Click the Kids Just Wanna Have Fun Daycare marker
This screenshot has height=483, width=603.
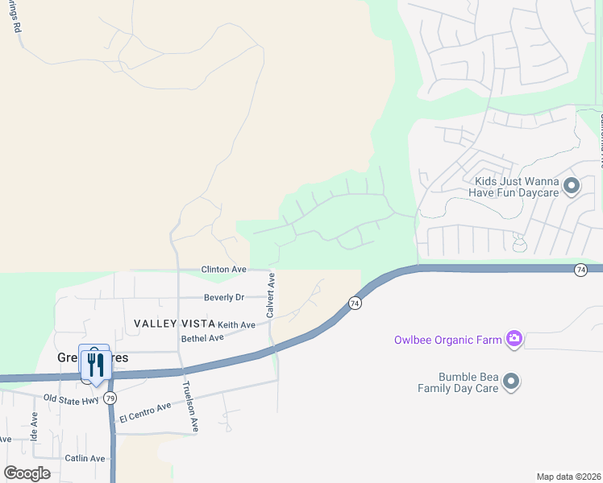(x=572, y=187)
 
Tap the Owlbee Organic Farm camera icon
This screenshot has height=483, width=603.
(x=514, y=339)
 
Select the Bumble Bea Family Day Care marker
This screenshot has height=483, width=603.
(x=510, y=382)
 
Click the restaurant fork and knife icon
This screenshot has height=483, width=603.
(x=95, y=365)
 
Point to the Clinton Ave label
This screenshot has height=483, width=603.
(x=223, y=269)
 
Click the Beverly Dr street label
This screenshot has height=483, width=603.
(x=223, y=297)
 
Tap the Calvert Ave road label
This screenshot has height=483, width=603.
(x=272, y=294)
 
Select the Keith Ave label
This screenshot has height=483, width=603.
(x=236, y=324)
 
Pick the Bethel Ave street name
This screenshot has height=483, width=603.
(x=202, y=338)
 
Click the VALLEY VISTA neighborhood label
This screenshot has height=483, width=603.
(x=174, y=323)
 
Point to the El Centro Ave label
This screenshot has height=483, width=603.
(x=145, y=413)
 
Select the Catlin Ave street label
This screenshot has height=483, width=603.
(x=86, y=458)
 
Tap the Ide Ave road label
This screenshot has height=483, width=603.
(x=34, y=423)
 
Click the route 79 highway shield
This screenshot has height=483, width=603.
(x=110, y=398)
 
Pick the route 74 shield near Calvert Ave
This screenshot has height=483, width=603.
(x=355, y=303)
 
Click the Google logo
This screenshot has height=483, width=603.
(x=27, y=473)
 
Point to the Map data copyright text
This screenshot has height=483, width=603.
(x=569, y=477)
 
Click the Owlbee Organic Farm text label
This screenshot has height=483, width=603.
(x=447, y=340)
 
